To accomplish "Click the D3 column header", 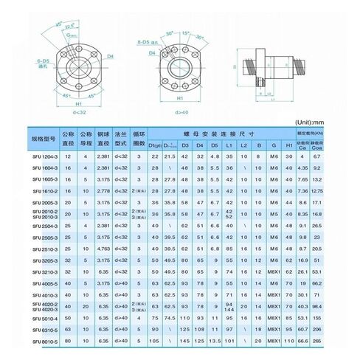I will [x=186, y=145].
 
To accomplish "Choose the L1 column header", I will [x=229, y=145].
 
